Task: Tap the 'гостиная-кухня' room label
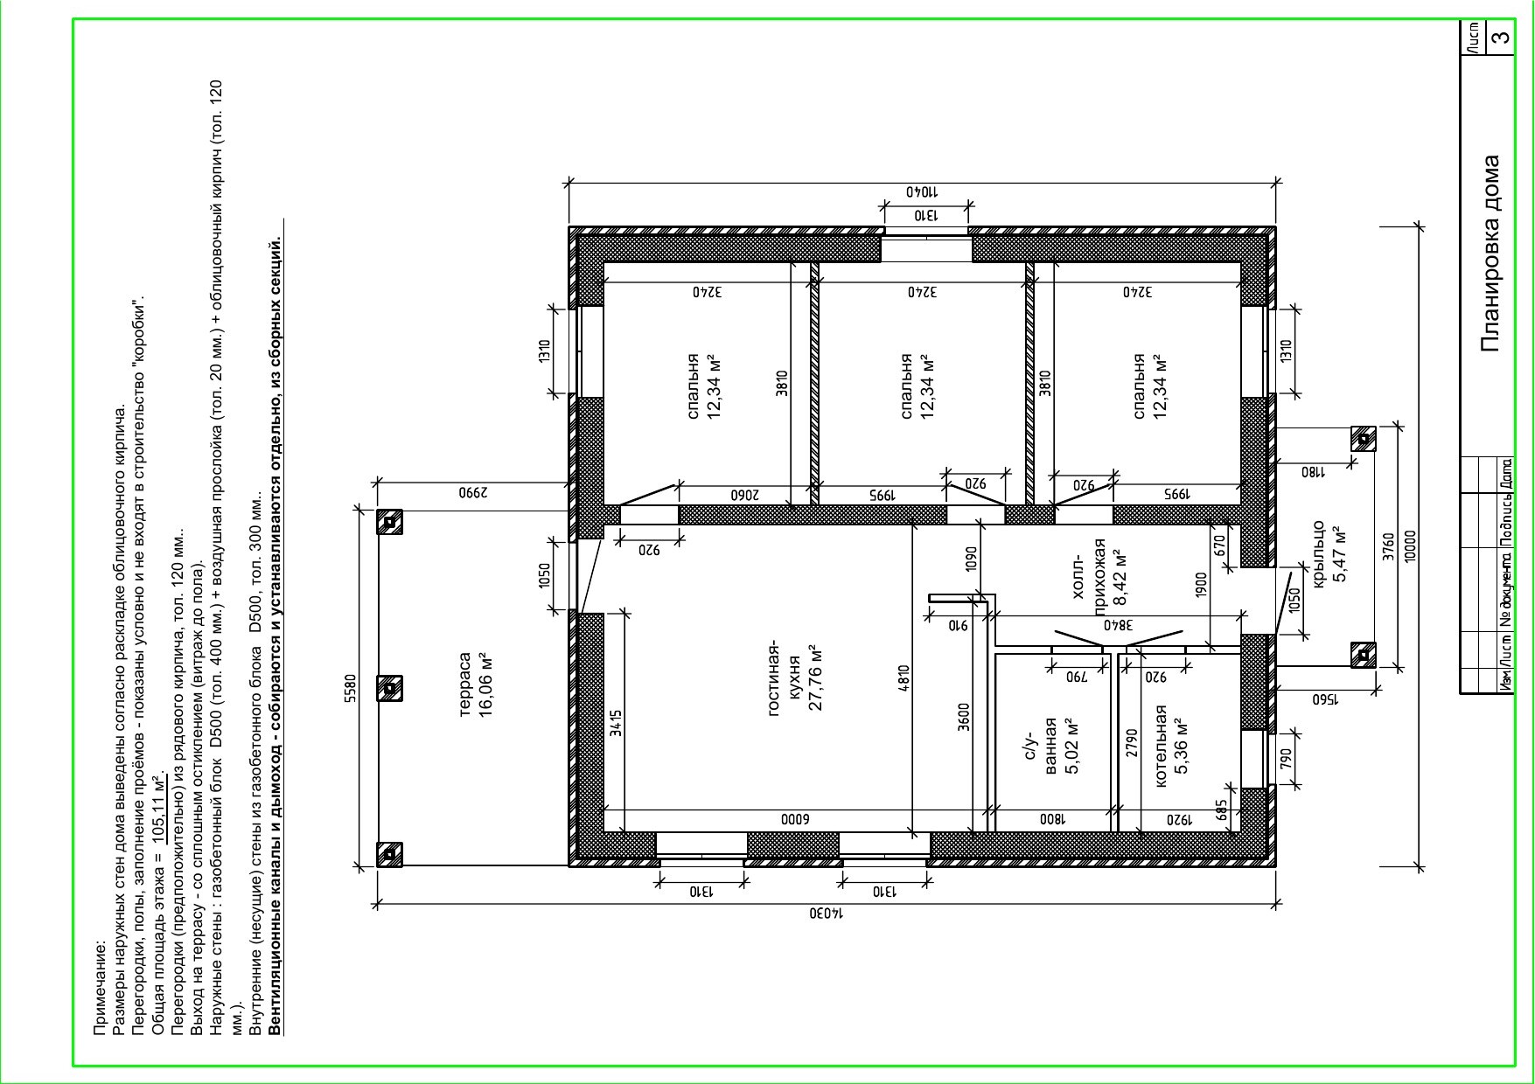click(x=796, y=678)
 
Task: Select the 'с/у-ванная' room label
click(x=1050, y=746)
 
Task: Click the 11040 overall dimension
click(x=921, y=191)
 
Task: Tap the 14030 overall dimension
click(x=826, y=914)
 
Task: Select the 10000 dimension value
click(x=1409, y=546)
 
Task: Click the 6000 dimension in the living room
click(x=795, y=820)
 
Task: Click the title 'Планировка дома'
click(x=1491, y=254)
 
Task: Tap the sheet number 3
click(x=1501, y=38)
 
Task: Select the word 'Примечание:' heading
click(x=100, y=987)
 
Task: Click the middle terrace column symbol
click(x=389, y=688)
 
